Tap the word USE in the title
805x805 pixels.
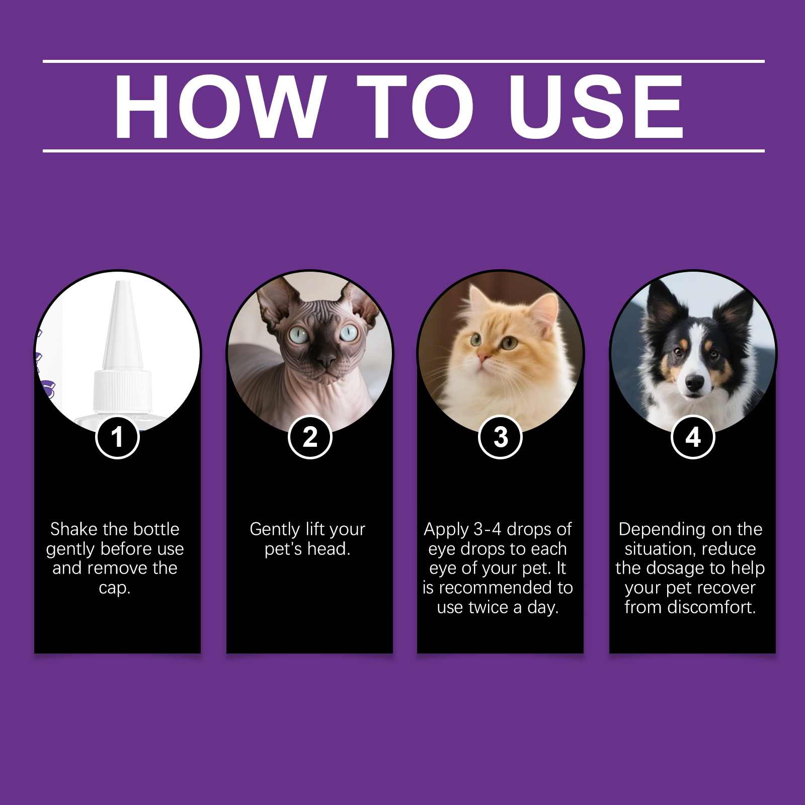pyautogui.click(x=596, y=106)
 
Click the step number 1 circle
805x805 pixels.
pyautogui.click(x=117, y=437)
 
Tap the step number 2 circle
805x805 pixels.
pyautogui.click(x=310, y=437)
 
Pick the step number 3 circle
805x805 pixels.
pyautogui.click(x=500, y=437)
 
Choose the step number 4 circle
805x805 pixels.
pyautogui.click(x=693, y=437)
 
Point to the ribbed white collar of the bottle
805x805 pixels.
pyautogui.click(x=122, y=390)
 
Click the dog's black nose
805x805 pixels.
pyautogui.click(x=694, y=383)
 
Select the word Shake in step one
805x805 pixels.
pyautogui.click(x=73, y=529)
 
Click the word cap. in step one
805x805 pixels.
pyautogui.click(x=115, y=588)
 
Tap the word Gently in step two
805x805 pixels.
pyautogui.click(x=275, y=530)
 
